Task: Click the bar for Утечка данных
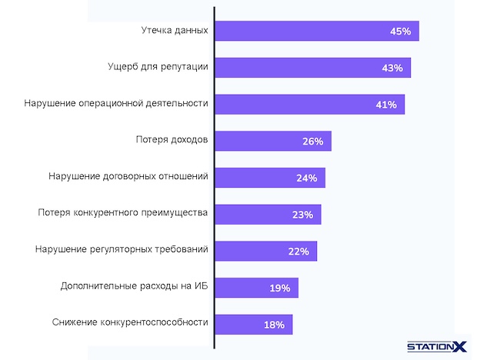[x=315, y=32]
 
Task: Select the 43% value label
[x=392, y=68]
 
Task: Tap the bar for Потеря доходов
[x=272, y=141]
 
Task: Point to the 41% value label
[x=386, y=105]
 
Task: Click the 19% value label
[x=280, y=288]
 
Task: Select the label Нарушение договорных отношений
[x=128, y=177]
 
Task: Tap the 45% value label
[x=401, y=32]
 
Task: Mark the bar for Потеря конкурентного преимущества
[x=267, y=215]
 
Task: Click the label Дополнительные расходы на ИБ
[x=135, y=287]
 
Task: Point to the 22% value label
[x=298, y=252]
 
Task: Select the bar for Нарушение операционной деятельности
[x=308, y=105]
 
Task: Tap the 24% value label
[x=306, y=178]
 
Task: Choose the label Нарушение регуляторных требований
[x=122, y=250]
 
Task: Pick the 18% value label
[x=275, y=325]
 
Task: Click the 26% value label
[x=312, y=142]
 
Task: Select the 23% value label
[x=302, y=215]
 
